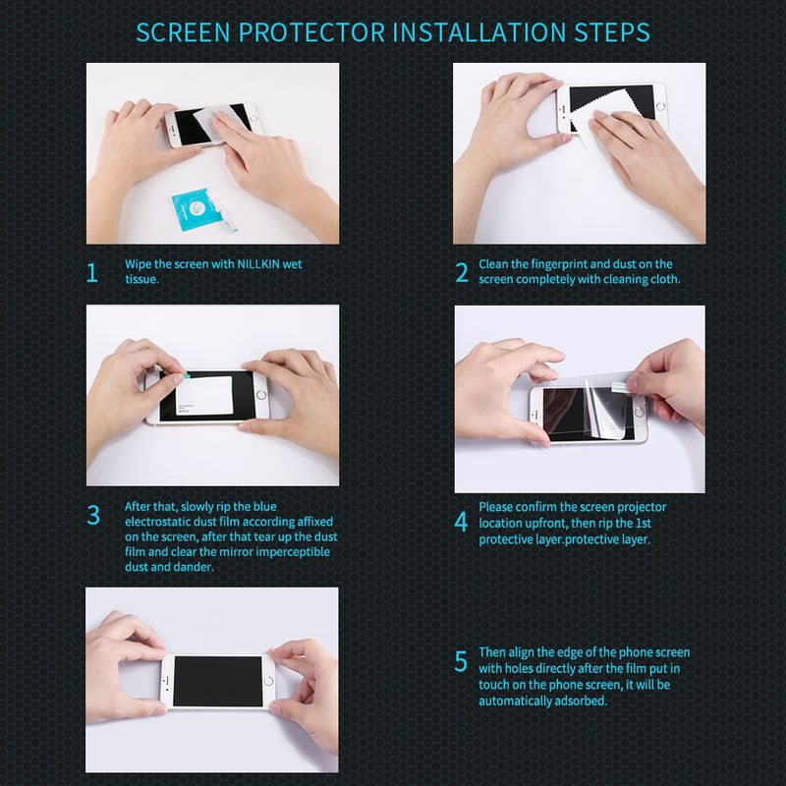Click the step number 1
coord(93,273)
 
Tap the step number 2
coord(462,273)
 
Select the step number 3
coord(93,515)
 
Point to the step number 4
coord(461,522)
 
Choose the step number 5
coord(461,661)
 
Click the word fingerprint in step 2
coord(568,264)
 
